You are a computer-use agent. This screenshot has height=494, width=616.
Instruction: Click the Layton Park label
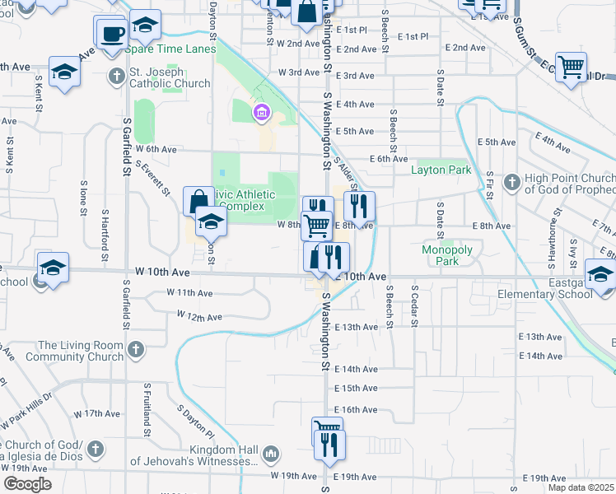(x=441, y=170)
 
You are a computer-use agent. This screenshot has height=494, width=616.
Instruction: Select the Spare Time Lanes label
(x=170, y=49)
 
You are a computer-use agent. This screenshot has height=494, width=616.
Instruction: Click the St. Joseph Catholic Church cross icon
(x=116, y=77)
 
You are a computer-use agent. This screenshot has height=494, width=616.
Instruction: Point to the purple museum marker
(x=262, y=112)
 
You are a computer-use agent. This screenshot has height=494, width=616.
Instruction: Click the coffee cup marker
(x=110, y=35)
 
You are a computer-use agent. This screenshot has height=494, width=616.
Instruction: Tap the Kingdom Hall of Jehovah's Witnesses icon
(x=271, y=454)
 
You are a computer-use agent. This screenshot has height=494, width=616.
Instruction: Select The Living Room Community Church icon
(x=136, y=351)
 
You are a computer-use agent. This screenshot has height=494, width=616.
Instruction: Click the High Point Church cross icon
(x=511, y=180)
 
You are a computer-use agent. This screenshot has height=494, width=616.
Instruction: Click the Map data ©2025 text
(x=581, y=487)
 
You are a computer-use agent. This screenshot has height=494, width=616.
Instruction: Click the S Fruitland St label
(x=147, y=408)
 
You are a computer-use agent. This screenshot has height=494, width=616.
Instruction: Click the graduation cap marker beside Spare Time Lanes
(x=145, y=26)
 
